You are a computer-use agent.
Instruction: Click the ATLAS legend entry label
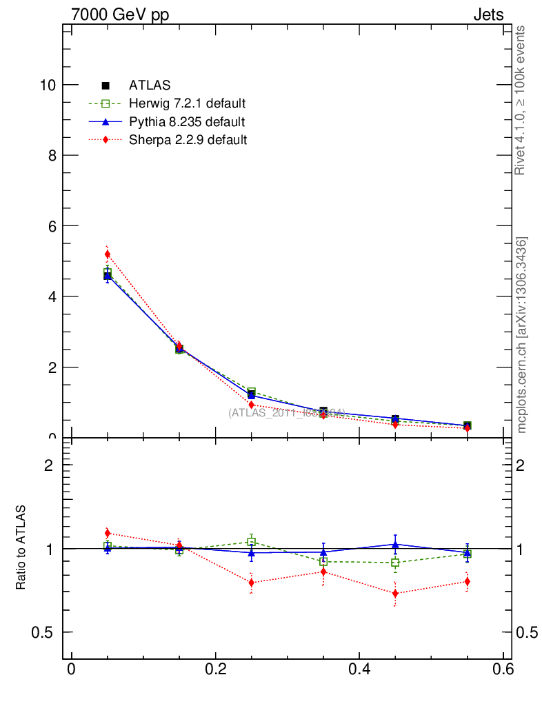[150, 86]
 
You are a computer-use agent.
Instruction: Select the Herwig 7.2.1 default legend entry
[187, 104]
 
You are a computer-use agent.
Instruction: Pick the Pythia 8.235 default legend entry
[186, 122]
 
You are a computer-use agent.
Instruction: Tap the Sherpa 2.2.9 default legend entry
[188, 140]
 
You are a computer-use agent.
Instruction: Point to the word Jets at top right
[488, 14]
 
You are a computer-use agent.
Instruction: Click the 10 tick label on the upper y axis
[48, 85]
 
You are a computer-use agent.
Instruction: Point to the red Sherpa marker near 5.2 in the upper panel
[108, 254]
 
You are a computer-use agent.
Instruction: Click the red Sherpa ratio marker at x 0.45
[395, 594]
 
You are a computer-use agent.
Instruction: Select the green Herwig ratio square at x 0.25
[252, 542]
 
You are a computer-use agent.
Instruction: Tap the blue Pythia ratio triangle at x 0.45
[395, 545]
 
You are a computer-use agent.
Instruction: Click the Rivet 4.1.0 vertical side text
[521, 100]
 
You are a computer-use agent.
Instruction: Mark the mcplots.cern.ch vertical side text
[522, 335]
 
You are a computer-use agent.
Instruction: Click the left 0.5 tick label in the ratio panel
[46, 633]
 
